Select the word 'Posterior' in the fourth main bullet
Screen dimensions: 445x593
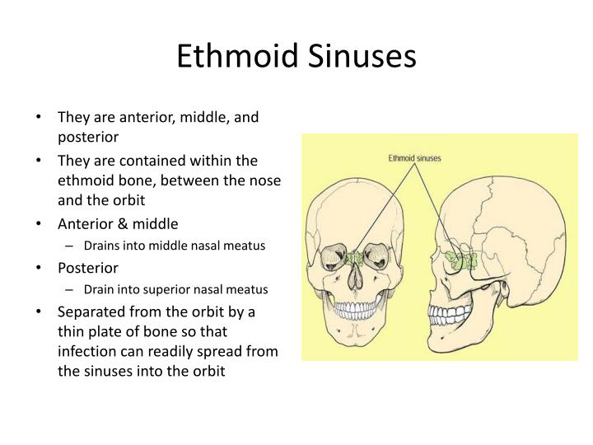88,268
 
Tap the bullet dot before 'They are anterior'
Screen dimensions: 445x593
40,118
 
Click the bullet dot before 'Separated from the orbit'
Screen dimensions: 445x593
40,313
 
